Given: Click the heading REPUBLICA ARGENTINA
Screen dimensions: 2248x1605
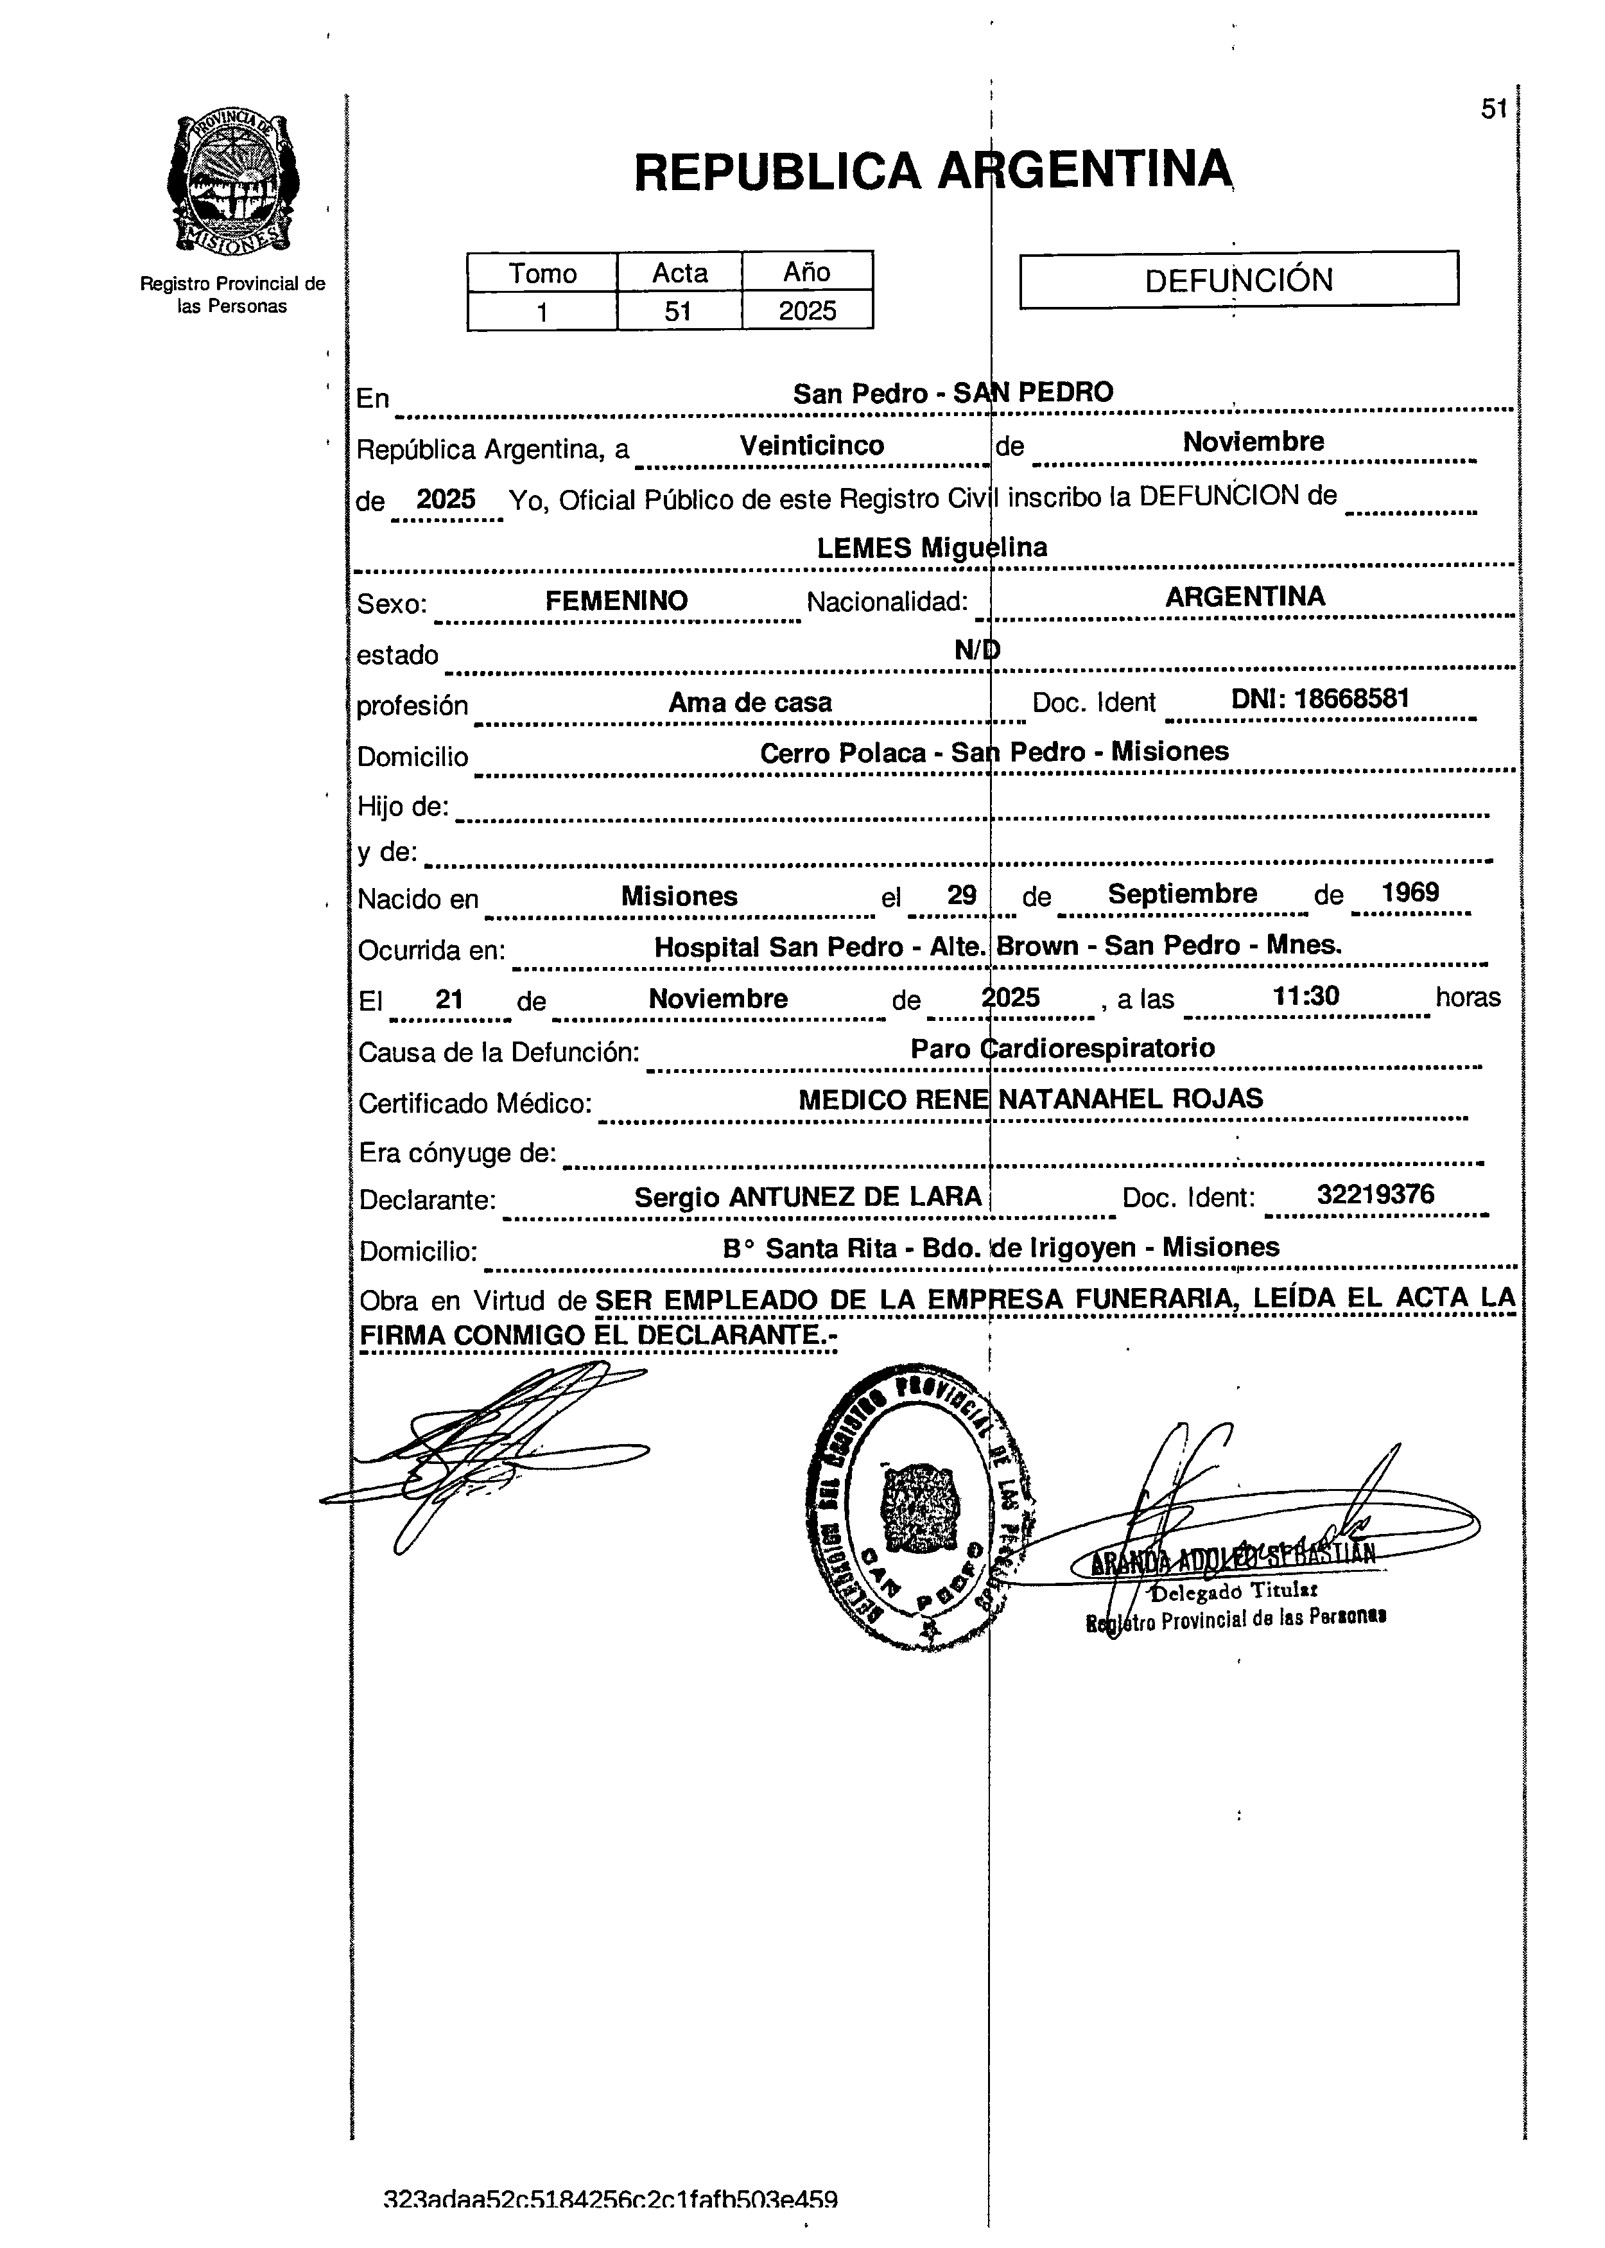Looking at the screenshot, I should point(933,171).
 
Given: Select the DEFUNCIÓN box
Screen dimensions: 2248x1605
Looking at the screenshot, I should point(1238,280).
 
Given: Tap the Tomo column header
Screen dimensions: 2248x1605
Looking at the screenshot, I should point(542,273).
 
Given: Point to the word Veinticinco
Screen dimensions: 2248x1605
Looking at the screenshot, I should point(811,446).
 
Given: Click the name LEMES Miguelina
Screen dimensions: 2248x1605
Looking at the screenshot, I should point(932,548).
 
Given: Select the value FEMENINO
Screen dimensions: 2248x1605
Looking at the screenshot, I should point(617,600).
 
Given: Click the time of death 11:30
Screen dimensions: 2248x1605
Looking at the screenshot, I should point(1306,997).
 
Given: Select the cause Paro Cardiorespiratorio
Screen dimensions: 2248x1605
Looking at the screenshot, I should point(1063,1048).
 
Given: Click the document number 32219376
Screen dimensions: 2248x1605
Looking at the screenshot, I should point(1375,1195).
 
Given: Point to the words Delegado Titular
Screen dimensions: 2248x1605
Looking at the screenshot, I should point(1235,1590).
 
